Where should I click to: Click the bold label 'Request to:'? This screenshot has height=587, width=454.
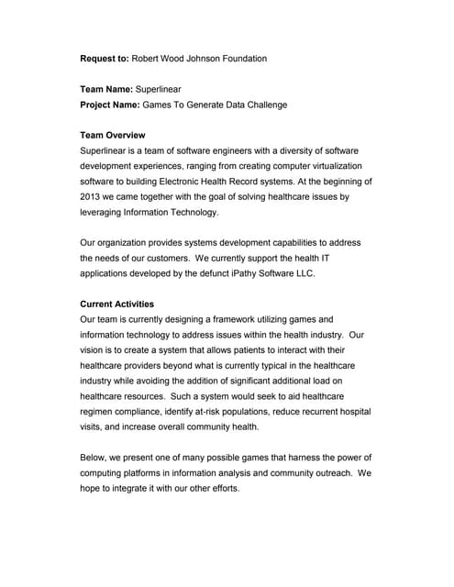[105, 59]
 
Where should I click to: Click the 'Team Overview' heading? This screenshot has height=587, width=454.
[113, 135]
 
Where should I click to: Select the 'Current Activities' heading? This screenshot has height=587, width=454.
[117, 304]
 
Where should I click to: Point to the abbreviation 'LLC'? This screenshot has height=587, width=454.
[344, 273]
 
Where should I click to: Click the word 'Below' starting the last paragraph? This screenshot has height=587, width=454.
[96, 458]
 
